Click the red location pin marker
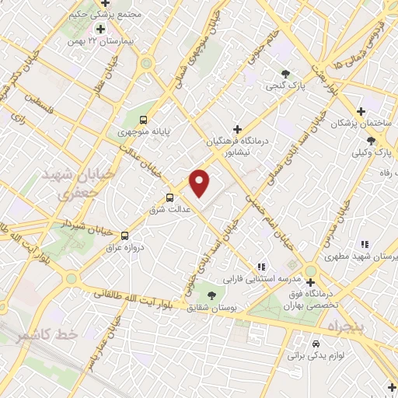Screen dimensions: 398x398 click(x=201, y=183)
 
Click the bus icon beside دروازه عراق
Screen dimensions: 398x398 click(x=124, y=234)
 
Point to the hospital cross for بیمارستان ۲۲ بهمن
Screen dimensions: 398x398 click(x=100, y=29)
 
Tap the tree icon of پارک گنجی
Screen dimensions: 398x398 click(x=287, y=75)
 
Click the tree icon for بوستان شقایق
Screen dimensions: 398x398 click(x=211, y=295)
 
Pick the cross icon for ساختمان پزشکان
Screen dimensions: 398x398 click(x=361, y=111)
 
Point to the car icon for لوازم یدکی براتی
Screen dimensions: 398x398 click(x=315, y=343)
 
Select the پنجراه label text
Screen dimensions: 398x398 click(x=351, y=325)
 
